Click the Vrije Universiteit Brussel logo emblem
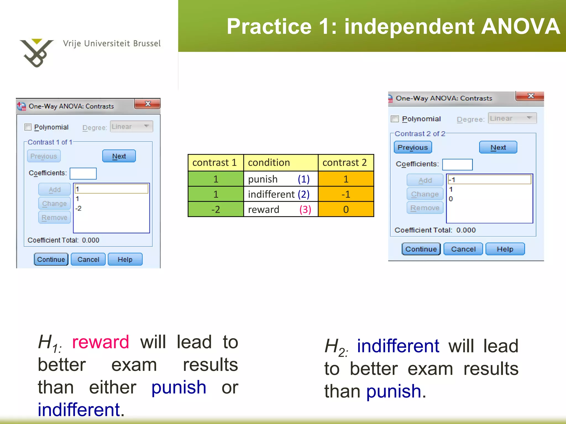pos(36,53)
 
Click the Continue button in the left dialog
pos(51,259)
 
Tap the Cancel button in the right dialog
pos(463,249)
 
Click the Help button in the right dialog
pos(505,249)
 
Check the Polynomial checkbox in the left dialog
pos(28,127)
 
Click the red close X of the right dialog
pos(530,96)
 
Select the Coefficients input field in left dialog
pos(83,173)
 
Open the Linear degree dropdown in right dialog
pos(512,118)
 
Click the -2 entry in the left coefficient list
pos(79,208)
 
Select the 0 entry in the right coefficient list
pos(451,199)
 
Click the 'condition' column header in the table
pos(281,163)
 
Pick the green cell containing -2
pos(216,210)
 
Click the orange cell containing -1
pos(346,194)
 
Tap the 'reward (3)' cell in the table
pos(281,210)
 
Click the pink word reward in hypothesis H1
pos(101,342)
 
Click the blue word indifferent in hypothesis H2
pos(398,346)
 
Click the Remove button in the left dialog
pos(54,218)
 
